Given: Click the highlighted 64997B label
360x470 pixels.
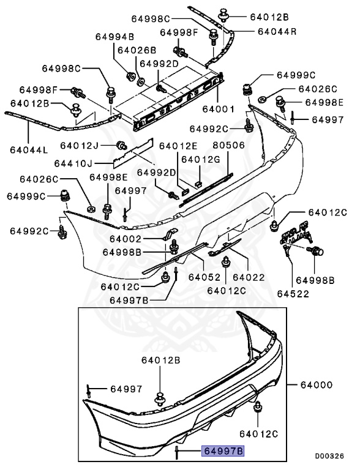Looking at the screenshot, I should pos(223,452).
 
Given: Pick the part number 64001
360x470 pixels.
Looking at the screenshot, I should pos(220,108).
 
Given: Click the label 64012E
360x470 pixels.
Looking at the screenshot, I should pos(178,146).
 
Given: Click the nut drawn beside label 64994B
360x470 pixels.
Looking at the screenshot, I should pos(130,75).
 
